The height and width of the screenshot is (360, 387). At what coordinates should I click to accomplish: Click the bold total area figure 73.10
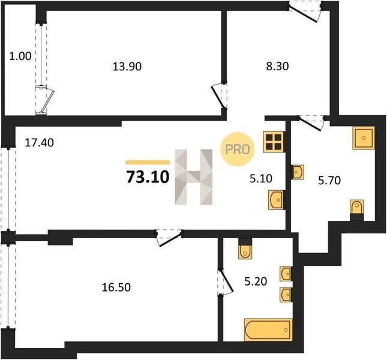(x=148, y=177)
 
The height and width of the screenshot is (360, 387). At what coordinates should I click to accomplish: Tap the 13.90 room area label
(x=127, y=67)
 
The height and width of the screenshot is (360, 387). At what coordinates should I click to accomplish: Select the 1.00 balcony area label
(x=20, y=56)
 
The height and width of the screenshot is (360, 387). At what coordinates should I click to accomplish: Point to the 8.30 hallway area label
(x=277, y=67)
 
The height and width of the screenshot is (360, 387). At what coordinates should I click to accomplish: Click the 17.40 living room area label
(x=39, y=143)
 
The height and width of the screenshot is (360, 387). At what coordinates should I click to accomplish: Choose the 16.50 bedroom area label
(x=116, y=287)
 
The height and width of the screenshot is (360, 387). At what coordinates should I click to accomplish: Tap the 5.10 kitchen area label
(x=261, y=178)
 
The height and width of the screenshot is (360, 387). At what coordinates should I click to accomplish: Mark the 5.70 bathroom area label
(x=329, y=181)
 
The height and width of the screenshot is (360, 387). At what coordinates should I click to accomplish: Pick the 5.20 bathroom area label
(x=256, y=281)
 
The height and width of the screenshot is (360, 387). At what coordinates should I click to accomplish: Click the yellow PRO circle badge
(x=238, y=149)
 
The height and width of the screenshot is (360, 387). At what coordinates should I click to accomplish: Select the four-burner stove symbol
(x=274, y=142)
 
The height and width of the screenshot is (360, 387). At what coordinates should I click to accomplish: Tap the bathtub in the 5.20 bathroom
(x=268, y=330)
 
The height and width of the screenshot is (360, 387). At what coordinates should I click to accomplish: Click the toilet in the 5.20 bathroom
(x=245, y=249)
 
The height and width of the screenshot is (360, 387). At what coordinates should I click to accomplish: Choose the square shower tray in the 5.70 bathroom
(x=364, y=138)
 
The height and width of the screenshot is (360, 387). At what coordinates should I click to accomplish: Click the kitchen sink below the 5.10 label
(x=277, y=200)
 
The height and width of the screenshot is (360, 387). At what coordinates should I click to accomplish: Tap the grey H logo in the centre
(x=193, y=177)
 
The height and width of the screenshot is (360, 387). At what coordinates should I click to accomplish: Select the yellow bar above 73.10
(x=148, y=162)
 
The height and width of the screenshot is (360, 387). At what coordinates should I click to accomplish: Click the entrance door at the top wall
(x=305, y=11)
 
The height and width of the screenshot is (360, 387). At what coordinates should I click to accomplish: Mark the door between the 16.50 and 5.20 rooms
(x=225, y=281)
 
